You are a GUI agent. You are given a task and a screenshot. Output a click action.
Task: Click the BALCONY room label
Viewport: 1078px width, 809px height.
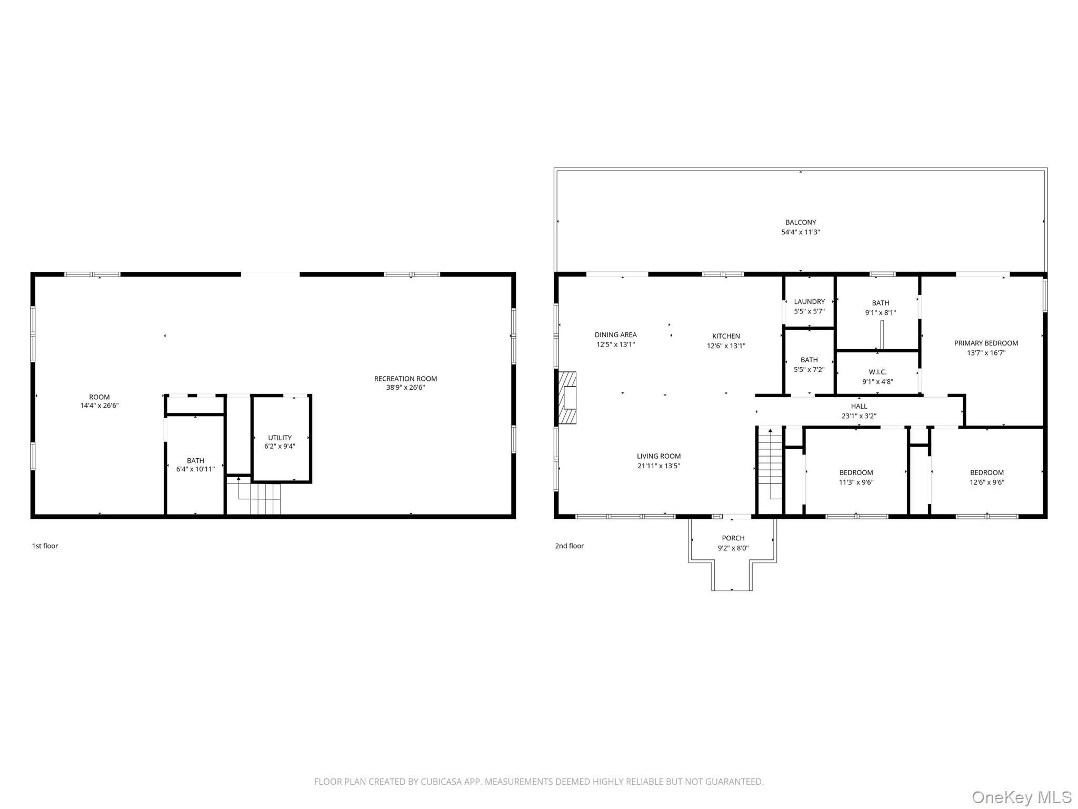801,222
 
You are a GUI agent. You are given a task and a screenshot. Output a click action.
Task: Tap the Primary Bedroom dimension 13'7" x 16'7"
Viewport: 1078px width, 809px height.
986,353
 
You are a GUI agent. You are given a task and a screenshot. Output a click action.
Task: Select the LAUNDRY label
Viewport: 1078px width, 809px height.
809,302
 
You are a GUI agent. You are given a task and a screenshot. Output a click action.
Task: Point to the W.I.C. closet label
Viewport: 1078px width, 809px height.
877,372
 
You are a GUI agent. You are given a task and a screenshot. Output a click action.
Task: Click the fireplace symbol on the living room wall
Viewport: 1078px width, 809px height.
567,398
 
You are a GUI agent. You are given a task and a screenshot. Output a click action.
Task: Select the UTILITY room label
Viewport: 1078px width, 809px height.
280,438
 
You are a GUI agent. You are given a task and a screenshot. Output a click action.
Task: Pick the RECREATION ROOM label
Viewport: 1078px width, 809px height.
405,379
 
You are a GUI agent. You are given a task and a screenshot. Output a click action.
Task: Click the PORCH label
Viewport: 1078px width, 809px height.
733,538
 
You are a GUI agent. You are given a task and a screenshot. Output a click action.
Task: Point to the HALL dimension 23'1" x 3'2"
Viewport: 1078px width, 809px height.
859,416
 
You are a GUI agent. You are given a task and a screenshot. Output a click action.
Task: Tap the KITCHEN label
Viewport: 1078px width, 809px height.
726,336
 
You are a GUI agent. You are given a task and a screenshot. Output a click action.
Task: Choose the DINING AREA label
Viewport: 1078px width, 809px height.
615,334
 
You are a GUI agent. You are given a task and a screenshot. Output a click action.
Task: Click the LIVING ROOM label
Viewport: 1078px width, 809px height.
658,456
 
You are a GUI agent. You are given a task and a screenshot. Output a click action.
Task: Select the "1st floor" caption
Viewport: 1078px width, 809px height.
45,546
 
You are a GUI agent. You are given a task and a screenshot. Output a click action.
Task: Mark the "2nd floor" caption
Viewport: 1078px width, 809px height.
569,546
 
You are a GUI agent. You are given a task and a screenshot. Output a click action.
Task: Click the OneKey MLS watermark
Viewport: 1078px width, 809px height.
1022,797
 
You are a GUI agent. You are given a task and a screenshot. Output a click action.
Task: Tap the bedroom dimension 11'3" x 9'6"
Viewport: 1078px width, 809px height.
856,482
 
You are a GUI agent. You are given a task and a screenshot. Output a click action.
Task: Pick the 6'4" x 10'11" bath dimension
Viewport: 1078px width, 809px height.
195,469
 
